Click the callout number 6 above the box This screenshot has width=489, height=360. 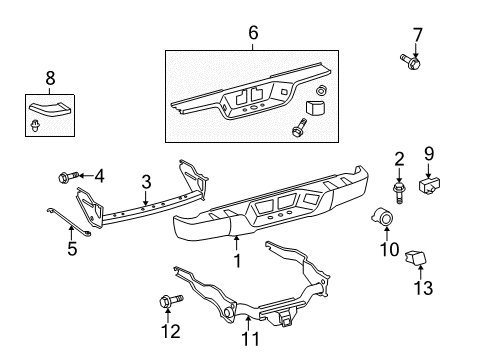coord(253,33)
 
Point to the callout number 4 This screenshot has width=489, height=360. coord(98,176)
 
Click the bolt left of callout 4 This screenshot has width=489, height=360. coord(68,177)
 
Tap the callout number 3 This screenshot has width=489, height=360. coord(146,182)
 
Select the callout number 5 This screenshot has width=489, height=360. coord(72,248)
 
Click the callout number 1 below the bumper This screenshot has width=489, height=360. coord(237,262)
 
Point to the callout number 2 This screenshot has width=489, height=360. coord(398,157)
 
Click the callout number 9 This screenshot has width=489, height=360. coord(430,154)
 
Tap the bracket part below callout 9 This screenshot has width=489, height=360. coord(432,184)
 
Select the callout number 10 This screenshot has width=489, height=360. coord(386,248)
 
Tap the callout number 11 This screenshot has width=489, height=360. coord(251,338)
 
